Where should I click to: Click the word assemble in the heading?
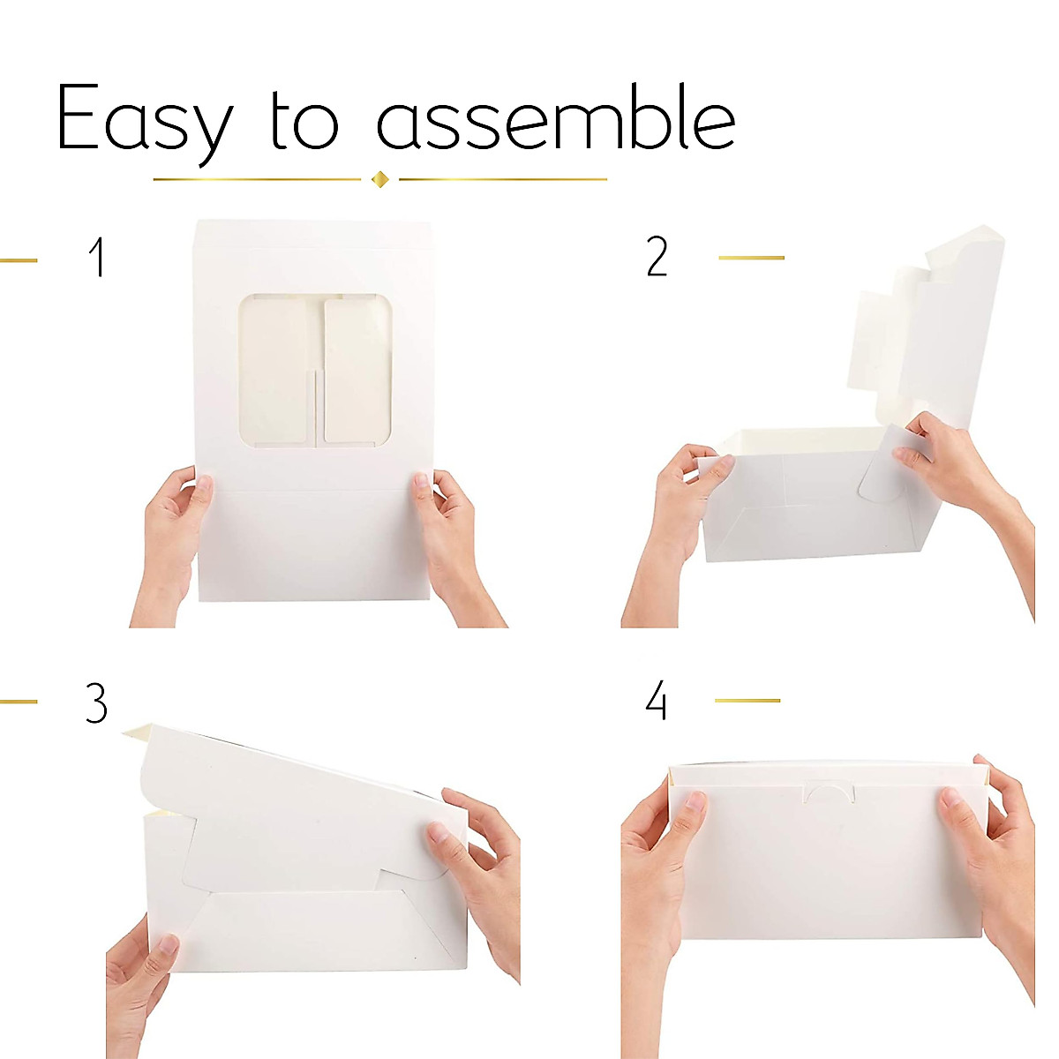pos(556,119)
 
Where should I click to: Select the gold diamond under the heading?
pos(380,180)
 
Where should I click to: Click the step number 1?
pos(97,258)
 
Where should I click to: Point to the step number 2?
pos(657,258)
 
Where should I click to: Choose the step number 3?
pos(96,703)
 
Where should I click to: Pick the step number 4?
pos(656,702)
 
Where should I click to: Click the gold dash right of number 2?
pos(751,258)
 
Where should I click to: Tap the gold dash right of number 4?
pos(747,701)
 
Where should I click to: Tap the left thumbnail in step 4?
pos(695,802)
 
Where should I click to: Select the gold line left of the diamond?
pos(257,180)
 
